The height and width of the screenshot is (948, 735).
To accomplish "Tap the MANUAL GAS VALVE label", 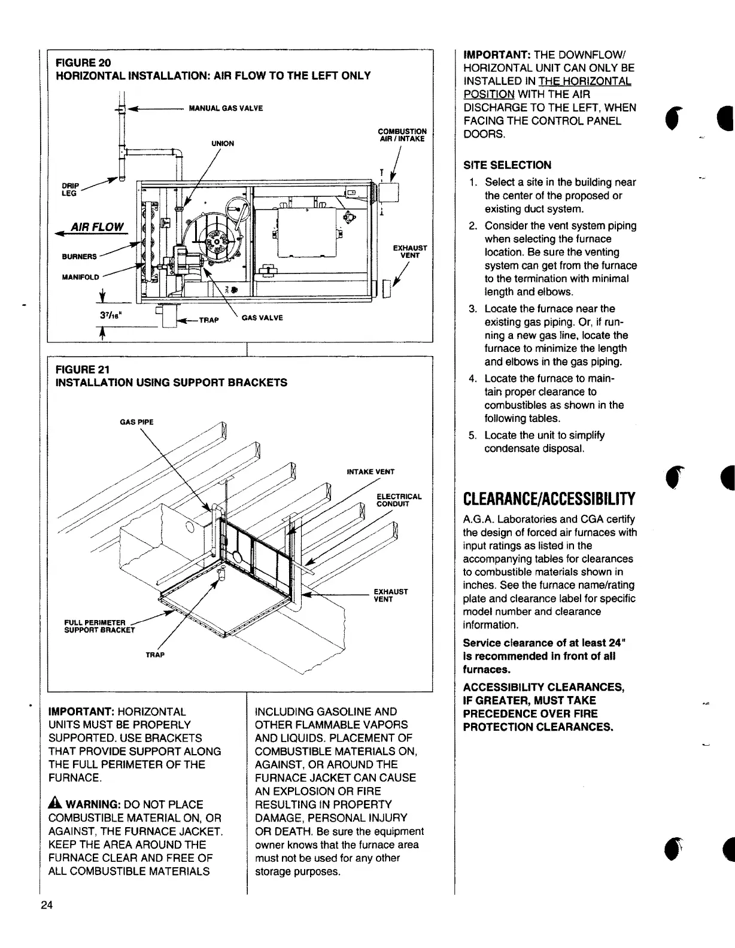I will tap(226, 108).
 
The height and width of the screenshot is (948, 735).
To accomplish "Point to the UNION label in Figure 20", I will tap(222, 144).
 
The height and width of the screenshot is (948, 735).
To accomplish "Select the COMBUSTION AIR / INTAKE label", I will tap(402, 135).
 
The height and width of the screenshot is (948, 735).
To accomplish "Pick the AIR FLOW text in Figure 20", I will tap(97, 227).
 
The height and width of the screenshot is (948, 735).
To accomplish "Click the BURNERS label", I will tap(79, 257).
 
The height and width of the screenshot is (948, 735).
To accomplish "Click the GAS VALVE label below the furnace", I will tap(262, 317).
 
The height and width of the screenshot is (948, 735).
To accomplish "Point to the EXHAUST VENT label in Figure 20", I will tap(410, 251).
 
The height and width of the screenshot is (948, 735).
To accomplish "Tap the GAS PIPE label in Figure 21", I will tap(137, 422).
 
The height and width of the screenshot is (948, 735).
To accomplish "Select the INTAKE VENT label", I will tap(370, 472).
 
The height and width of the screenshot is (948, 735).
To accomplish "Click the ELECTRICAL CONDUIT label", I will tap(399, 500).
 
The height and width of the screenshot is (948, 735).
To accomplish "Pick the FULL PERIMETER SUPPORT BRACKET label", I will tap(99, 625).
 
